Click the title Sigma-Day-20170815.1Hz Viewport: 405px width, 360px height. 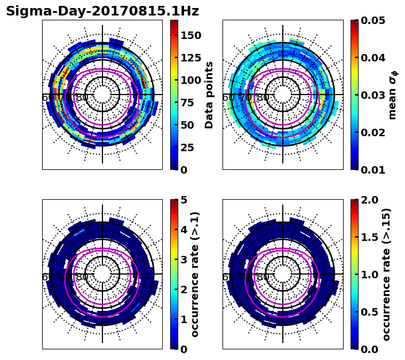click(x=102, y=11)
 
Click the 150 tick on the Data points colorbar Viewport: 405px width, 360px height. click(x=191, y=35)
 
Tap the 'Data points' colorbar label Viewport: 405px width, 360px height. click(x=209, y=95)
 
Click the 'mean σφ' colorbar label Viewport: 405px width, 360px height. click(x=392, y=95)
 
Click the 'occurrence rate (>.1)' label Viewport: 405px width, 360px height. click(x=195, y=274)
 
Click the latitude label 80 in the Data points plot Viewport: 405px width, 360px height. click(x=82, y=98)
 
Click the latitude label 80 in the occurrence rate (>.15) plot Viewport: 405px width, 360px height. click(x=262, y=277)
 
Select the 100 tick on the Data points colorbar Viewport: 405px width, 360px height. click(x=191, y=80)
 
